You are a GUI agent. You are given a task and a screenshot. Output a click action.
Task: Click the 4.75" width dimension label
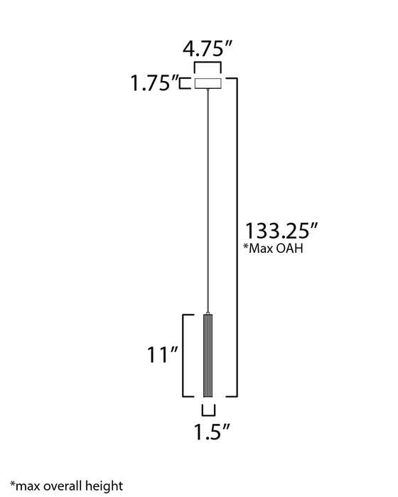pos(208,50)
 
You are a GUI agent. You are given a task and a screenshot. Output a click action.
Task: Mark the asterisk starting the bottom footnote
pos(13,482)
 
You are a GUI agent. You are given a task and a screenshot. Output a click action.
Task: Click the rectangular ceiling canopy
pos(208,84)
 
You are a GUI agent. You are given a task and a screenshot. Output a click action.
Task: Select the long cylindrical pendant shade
pos(208,355)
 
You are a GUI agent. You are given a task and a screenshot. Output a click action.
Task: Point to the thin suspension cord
pos(208,199)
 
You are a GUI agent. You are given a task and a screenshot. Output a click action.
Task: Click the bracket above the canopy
pos(208,69)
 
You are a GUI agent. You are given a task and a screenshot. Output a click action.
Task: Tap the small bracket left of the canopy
pos(190,84)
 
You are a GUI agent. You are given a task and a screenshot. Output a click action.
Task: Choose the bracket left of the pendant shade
pos(186,355)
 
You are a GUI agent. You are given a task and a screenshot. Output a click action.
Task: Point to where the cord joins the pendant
pos(208,313)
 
